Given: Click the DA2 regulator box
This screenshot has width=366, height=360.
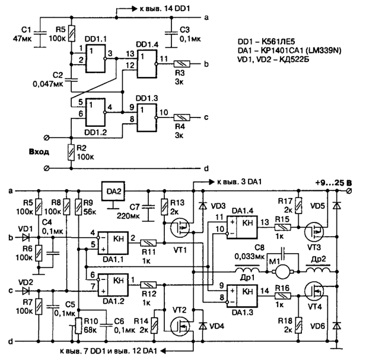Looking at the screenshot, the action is point(113,191).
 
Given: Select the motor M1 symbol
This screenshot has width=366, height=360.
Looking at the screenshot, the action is point(282,272).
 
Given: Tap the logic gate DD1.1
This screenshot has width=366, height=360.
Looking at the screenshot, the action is point(96,58).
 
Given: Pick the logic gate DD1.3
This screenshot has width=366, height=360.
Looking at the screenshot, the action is point(147,117).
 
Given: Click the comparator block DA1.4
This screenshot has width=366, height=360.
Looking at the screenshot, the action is point(242,227).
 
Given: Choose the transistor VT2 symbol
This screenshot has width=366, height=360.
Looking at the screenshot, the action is point(180,327).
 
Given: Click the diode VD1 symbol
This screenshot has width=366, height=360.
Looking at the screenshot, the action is point(26,238).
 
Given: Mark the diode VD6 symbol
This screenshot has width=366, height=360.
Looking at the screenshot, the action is point(336,326).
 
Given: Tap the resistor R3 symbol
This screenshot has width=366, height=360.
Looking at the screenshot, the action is point(182,64).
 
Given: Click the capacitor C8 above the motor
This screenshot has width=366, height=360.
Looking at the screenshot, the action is point(283,253).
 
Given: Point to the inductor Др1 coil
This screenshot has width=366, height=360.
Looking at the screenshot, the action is point(247,269).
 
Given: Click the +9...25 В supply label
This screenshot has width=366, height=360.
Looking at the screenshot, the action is point(333,183).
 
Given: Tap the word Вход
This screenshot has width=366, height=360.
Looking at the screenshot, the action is point(39,152).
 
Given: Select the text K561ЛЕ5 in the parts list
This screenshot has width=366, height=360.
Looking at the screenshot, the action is point(278,42).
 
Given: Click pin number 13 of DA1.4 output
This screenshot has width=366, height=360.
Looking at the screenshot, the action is point(265,222).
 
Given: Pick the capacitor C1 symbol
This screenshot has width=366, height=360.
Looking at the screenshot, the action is point(40,33).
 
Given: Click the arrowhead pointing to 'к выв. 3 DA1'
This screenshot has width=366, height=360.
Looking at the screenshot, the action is point(211,182).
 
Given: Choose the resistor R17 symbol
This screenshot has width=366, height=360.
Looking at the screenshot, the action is point(298,206).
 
